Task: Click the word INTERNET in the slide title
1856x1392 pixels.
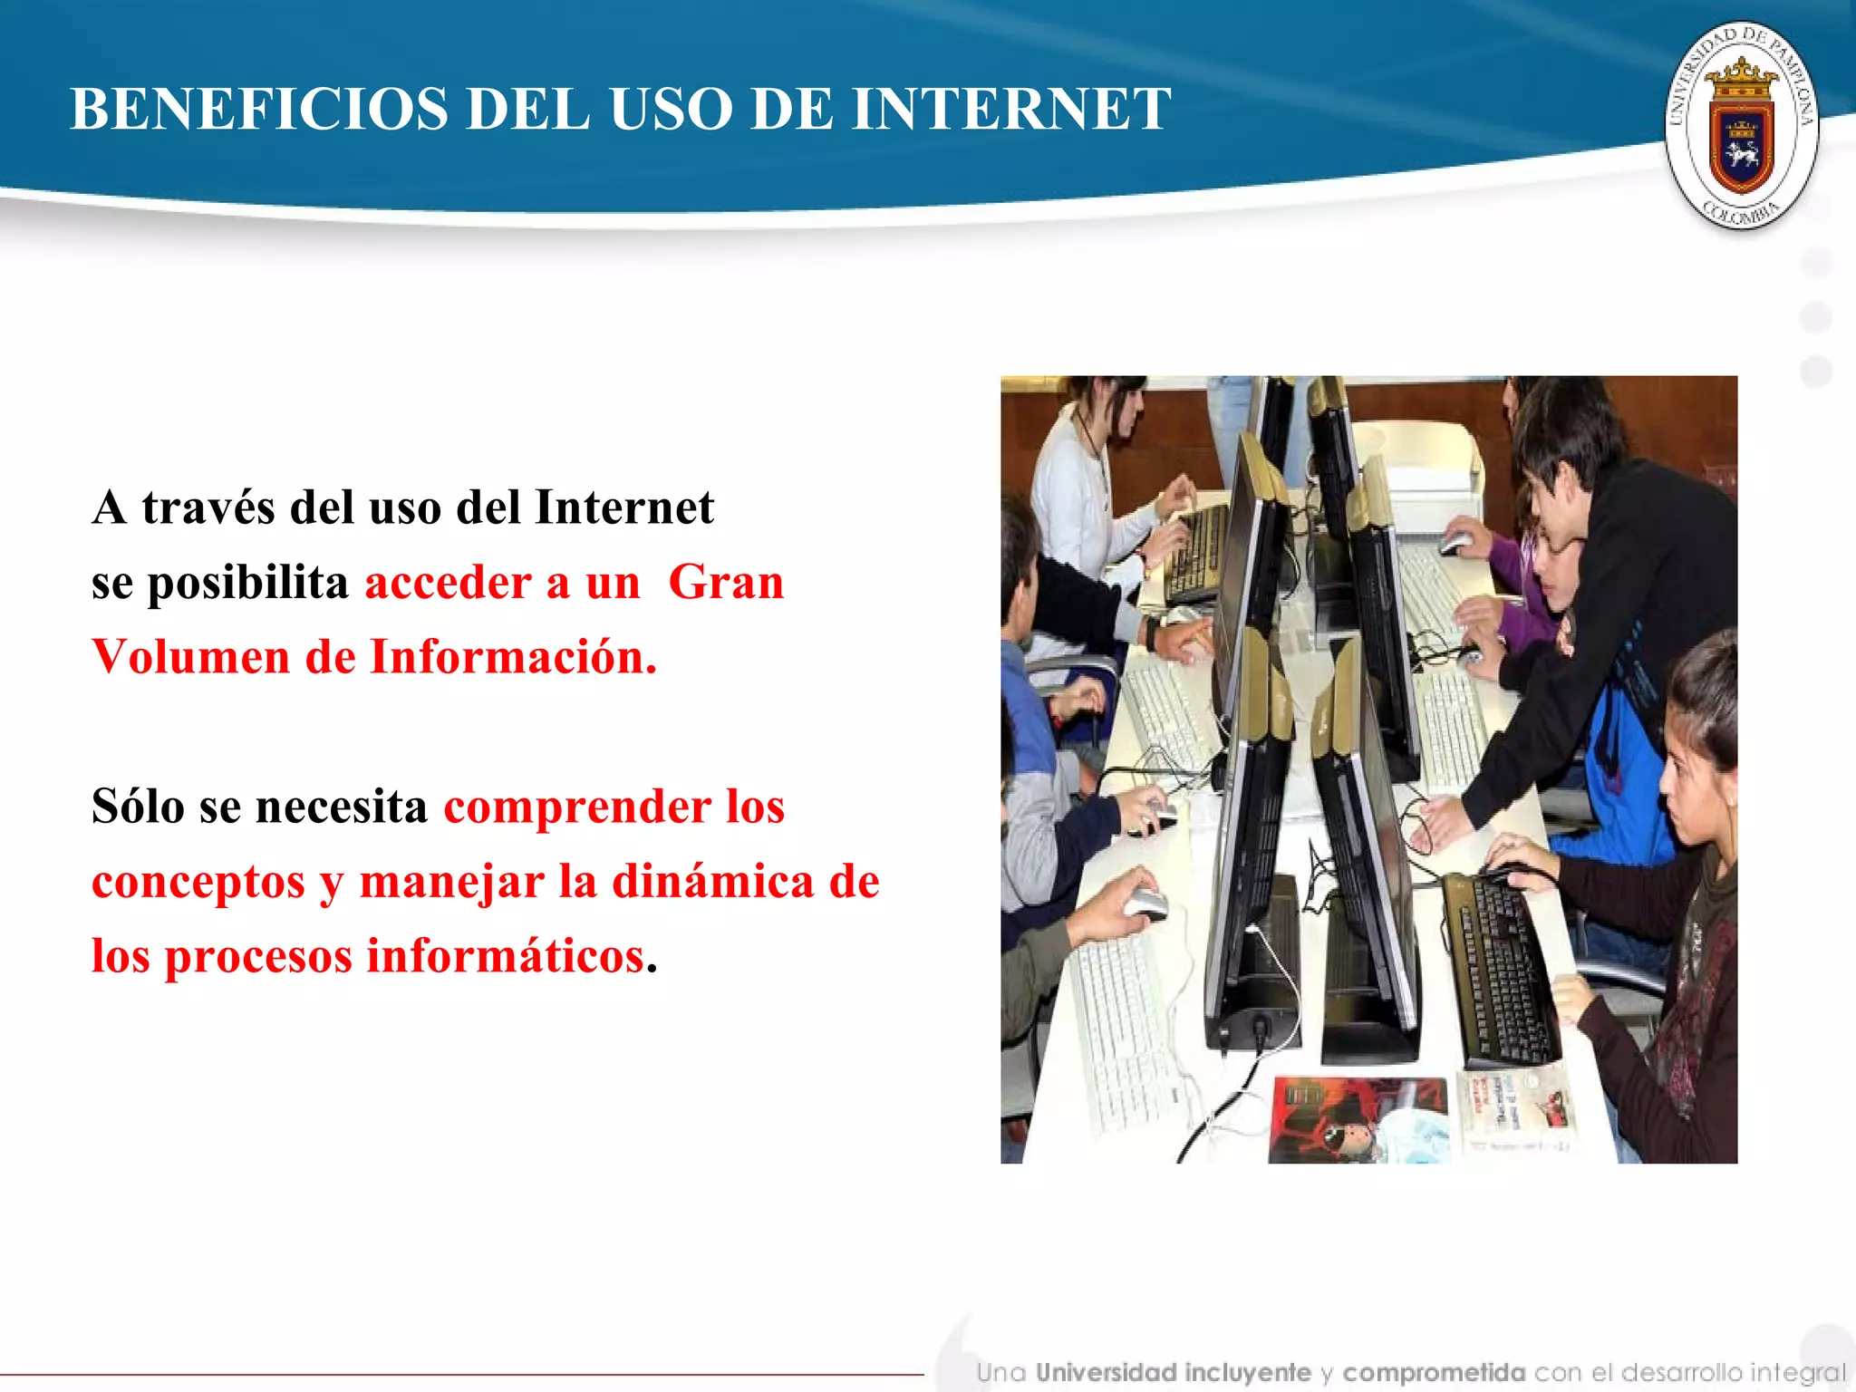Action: pos(1011,110)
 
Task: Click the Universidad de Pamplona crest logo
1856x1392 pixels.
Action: pos(1741,125)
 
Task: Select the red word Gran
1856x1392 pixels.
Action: pos(726,582)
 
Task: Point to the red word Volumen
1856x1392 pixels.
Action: pos(190,657)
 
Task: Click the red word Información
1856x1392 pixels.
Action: pos(513,657)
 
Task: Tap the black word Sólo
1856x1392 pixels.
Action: pos(138,806)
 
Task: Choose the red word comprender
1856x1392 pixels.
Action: pos(576,807)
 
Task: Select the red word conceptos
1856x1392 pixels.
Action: pos(198,883)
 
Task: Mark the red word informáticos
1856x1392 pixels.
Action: pos(506,957)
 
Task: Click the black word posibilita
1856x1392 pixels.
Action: pos(247,583)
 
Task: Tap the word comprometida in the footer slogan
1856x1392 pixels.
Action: pos(1434,1373)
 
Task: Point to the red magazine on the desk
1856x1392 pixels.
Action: pos(1356,1118)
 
